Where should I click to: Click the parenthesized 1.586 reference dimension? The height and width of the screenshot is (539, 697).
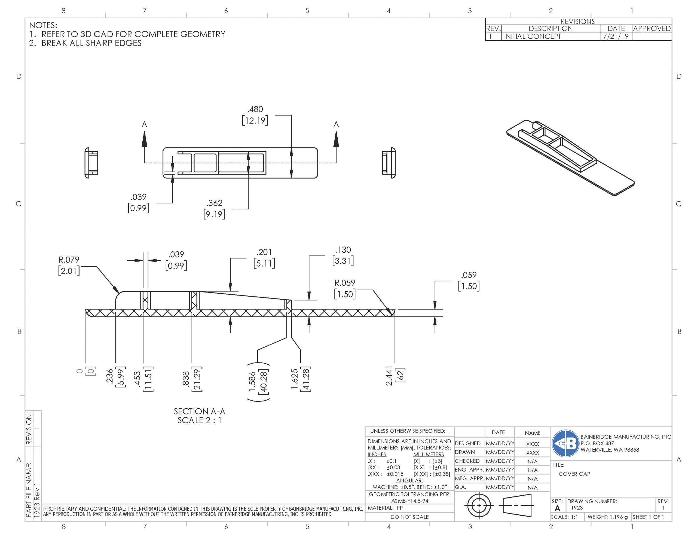[258, 382]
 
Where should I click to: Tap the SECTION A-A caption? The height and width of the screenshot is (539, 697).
[200, 411]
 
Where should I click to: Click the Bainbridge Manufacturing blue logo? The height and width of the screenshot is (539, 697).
[565, 443]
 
